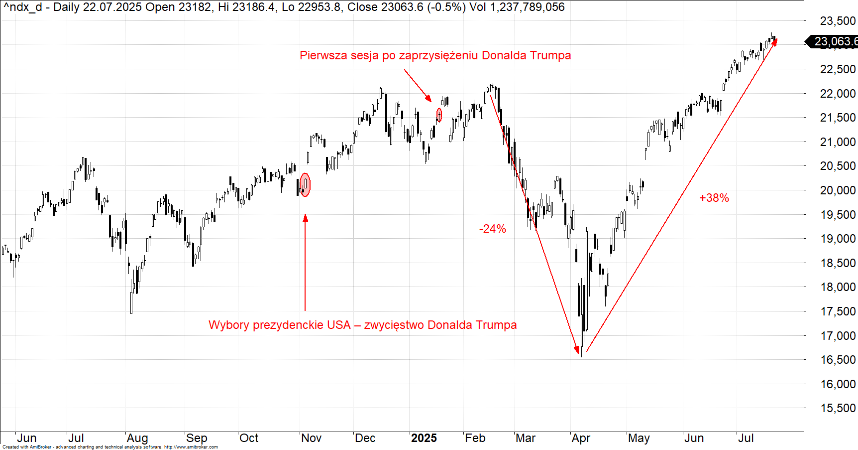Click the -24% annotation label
tap(492, 229)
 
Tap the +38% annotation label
tap(714, 198)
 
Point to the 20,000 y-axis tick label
tap(838, 190)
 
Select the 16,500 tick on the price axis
tap(838, 360)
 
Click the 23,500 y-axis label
tap(838, 21)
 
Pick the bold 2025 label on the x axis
tap(424, 438)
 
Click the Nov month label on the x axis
tap(312, 438)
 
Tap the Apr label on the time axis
tap(581, 438)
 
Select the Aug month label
tap(137, 438)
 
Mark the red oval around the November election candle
tap(305, 185)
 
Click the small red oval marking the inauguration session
tap(439, 115)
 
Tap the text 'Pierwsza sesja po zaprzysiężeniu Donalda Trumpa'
tap(435, 55)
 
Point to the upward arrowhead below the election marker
tap(305, 218)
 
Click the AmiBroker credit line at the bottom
tap(110, 447)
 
